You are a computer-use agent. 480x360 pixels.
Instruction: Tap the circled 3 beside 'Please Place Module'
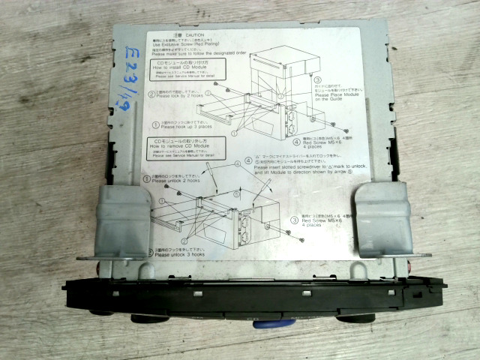point(317,79)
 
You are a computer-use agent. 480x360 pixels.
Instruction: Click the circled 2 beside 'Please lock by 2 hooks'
point(151,94)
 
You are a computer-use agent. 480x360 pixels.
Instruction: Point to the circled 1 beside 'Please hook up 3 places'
point(155,124)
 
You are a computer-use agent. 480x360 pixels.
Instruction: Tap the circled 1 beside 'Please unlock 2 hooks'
point(147,178)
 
